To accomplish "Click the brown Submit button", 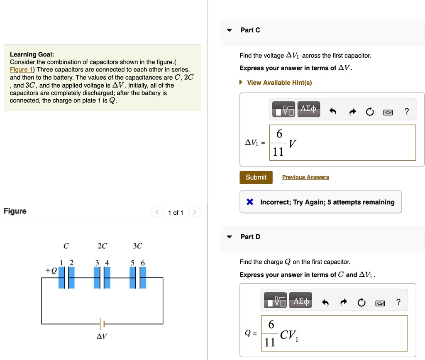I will [x=256, y=177].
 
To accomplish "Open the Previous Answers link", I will [x=305, y=177].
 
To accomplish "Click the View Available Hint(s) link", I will [x=279, y=83].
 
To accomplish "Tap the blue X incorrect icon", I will [x=250, y=202].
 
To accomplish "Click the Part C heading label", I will [x=250, y=30].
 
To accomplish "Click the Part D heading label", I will [x=250, y=237].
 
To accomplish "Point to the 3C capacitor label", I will [x=137, y=246].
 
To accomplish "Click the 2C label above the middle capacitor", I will [x=102, y=246].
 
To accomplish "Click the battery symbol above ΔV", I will [x=102, y=323].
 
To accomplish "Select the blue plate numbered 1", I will [x=61, y=277].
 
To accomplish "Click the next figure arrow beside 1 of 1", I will [x=194, y=213].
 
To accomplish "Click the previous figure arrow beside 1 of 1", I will [x=157, y=213].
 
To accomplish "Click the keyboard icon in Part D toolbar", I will [x=380, y=303].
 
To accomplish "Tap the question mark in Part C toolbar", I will [x=407, y=111].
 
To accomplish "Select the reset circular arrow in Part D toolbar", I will [x=361, y=303].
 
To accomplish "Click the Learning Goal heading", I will [x=32, y=54].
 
